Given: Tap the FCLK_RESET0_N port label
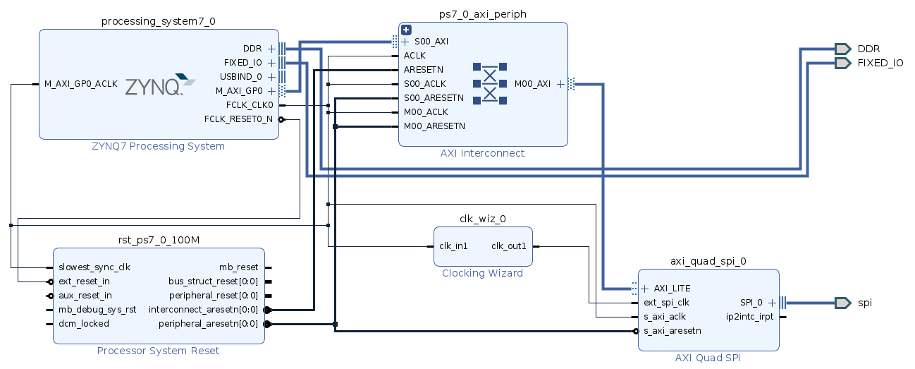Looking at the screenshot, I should (x=238, y=119).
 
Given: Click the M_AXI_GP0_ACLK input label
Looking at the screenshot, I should (x=81, y=84).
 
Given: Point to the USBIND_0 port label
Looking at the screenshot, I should (x=240, y=77).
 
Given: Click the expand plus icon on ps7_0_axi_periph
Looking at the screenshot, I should (x=406, y=30).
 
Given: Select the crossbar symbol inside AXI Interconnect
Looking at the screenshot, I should (x=490, y=84).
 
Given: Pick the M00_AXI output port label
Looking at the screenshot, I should (x=532, y=84).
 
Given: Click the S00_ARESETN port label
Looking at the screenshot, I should (x=434, y=98).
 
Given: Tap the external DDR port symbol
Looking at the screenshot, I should (x=842, y=49).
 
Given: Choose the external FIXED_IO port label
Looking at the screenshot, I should (x=880, y=63).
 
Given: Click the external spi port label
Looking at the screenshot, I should (x=864, y=303).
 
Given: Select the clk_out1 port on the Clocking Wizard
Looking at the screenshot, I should (x=509, y=246).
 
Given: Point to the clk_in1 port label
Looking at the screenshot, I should (x=453, y=246).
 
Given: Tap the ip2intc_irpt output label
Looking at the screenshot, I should (x=749, y=317).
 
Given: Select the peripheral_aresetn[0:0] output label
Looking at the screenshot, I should (x=208, y=324).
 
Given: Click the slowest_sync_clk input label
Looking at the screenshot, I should (x=94, y=267).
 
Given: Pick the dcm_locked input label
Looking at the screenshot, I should (x=84, y=324).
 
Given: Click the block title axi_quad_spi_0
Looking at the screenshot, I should (x=708, y=261).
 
